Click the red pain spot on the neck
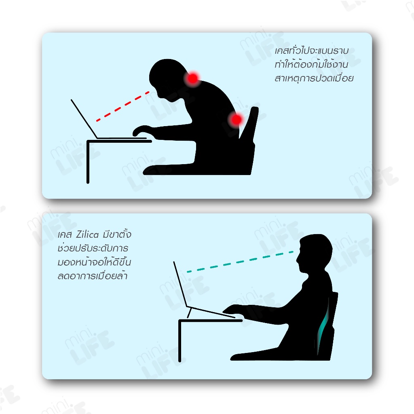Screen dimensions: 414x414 (x=193, y=78)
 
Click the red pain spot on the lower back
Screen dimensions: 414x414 (x=236, y=119)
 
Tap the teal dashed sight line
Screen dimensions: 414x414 (x=240, y=262)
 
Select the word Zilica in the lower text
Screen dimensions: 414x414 (x=87, y=234)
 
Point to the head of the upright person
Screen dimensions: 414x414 (x=314, y=253)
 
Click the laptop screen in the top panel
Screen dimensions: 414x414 (x=84, y=119)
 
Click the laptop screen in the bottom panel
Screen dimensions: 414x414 (x=180, y=284)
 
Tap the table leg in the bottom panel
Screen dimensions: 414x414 (x=180, y=341)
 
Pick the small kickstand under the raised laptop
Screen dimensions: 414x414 (x=189, y=313)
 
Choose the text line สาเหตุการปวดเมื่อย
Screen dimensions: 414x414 (x=314, y=78)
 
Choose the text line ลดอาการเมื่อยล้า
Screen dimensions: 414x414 (x=93, y=276)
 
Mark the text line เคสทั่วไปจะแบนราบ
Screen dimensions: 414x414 (x=312, y=51)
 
